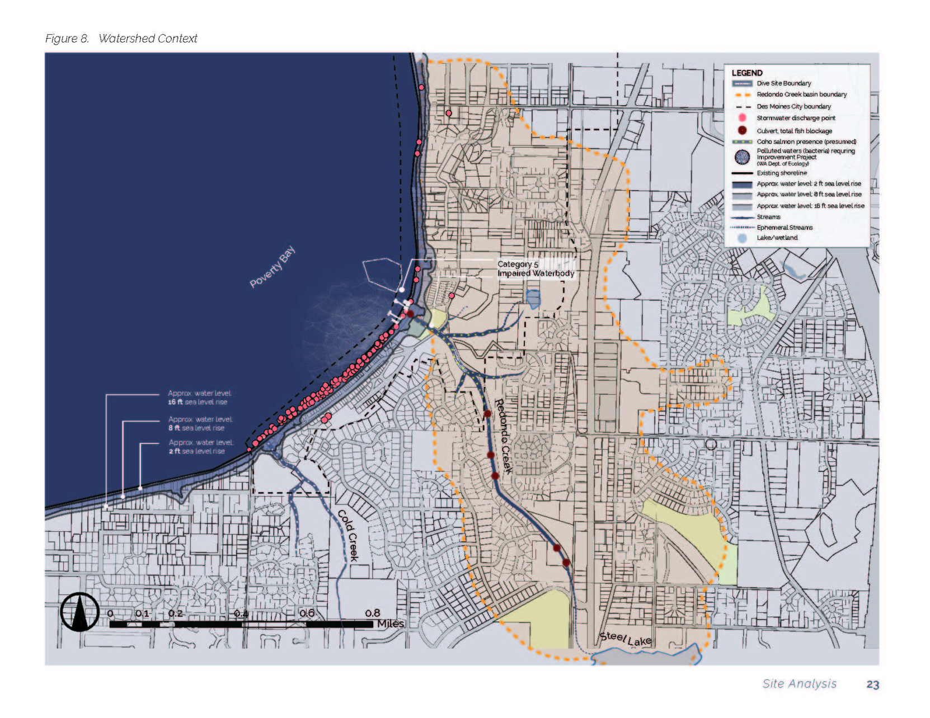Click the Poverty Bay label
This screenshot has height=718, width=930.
(272, 267)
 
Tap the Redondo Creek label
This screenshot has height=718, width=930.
(503, 436)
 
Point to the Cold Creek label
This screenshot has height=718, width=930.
(348, 535)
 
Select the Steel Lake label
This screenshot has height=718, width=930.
(625, 639)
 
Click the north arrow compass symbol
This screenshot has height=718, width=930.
(79, 612)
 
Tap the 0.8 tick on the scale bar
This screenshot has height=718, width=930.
(372, 613)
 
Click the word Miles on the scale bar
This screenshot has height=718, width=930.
(391, 623)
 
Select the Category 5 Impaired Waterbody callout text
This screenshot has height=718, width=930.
(536, 268)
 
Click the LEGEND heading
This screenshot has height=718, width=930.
(746, 73)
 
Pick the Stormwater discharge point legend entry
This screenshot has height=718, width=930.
(796, 118)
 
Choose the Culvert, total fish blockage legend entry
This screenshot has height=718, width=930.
(794, 131)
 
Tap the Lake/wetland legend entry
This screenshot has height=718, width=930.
(777, 238)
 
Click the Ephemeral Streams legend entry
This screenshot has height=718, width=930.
(785, 228)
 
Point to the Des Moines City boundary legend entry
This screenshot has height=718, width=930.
(793, 106)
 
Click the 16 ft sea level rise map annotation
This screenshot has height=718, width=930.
(199, 398)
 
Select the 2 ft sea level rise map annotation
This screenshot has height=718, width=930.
(200, 447)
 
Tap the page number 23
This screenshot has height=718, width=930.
(872, 684)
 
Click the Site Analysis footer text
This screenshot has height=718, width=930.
(799, 684)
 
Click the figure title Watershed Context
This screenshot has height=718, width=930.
(148, 39)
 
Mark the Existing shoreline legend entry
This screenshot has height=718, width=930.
(782, 173)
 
